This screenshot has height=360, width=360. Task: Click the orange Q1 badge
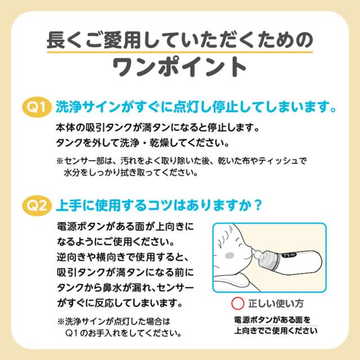tap(37, 107)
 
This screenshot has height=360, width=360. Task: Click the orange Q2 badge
tap(37, 205)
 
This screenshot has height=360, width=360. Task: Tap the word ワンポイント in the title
tap(179, 67)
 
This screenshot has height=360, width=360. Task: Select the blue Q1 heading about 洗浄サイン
tap(196, 107)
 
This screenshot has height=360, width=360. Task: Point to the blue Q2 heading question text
tap(159, 205)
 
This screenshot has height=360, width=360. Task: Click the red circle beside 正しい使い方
tap(237, 304)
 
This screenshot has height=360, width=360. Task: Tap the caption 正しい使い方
tap(276, 304)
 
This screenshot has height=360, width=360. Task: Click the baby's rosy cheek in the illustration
tap(229, 255)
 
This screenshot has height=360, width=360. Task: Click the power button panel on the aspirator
tap(289, 255)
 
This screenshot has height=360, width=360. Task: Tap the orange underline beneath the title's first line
tap(180, 52)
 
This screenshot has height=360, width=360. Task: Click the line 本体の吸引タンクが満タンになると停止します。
tap(157, 128)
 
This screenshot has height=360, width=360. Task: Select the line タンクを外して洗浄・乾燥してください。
tap(142, 143)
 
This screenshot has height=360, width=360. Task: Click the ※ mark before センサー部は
tap(60, 161)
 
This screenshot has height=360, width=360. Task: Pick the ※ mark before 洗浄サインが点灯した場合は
tap(61, 321)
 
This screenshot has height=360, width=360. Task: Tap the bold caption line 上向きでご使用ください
tap(276, 331)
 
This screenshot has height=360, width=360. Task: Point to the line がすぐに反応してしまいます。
tap(120, 303)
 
